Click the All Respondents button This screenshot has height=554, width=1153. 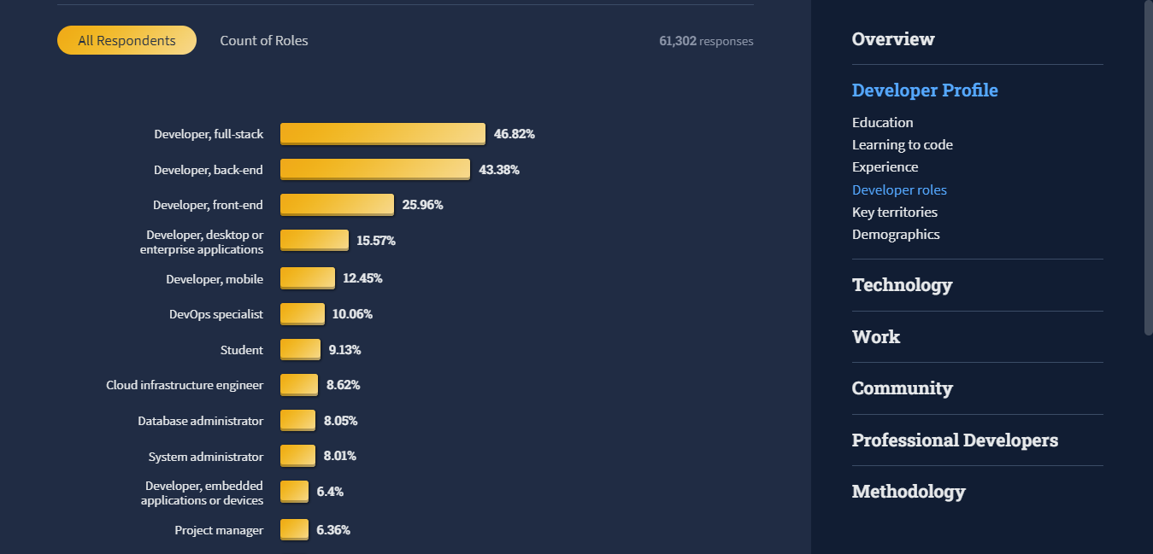click(x=126, y=40)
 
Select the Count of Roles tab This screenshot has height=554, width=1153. click(x=264, y=40)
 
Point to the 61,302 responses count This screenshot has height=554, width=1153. click(x=706, y=41)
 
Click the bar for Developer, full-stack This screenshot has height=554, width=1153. click(x=382, y=134)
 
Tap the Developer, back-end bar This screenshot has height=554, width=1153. click(x=374, y=169)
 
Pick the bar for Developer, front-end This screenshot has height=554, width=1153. click(x=337, y=205)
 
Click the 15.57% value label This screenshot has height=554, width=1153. click(x=376, y=241)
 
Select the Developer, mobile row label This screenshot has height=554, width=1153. click(x=215, y=279)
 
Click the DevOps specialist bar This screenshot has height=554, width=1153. click(x=303, y=314)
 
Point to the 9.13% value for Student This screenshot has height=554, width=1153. click(x=344, y=350)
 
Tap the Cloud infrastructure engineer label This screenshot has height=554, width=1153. click(x=185, y=385)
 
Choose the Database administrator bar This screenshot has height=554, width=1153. click(x=297, y=421)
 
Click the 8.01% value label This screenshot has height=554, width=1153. click(x=339, y=457)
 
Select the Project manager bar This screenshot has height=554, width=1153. click(x=294, y=530)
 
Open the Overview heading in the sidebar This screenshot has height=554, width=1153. click(x=893, y=39)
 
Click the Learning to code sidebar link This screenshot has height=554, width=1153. click(x=902, y=145)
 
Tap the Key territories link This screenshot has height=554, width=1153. click(x=894, y=212)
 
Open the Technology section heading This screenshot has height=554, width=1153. click(x=902, y=285)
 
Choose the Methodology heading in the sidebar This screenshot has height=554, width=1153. click(x=909, y=492)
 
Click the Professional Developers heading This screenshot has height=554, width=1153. click(x=955, y=440)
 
